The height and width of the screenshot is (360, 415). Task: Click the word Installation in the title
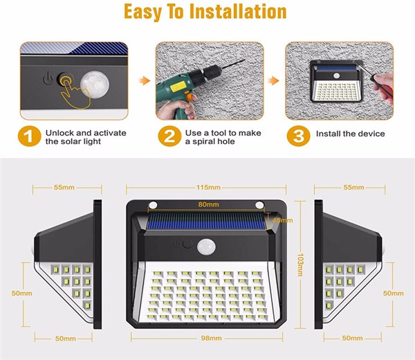[238, 12]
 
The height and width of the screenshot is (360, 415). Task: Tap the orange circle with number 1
[29, 136]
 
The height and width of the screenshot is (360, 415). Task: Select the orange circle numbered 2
[169, 136]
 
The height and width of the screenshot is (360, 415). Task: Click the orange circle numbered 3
[299, 136]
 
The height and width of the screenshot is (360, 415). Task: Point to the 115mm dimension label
[208, 188]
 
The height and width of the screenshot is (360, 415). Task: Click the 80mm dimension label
[209, 204]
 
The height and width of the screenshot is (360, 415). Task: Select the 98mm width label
[211, 339]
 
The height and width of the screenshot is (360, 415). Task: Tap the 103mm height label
[300, 265]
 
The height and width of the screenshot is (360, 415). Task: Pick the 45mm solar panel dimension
[282, 220]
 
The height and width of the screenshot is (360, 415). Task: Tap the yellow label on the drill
[178, 87]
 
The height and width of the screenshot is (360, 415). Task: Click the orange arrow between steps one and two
[145, 80]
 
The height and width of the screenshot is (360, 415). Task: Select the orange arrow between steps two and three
[274, 80]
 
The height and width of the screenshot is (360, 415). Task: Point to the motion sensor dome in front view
[206, 247]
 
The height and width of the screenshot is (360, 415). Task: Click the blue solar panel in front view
[206, 221]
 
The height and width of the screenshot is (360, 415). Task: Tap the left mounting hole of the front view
[153, 205]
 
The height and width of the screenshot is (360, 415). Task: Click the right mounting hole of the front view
[259, 205]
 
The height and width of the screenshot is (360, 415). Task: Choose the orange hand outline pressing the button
[75, 95]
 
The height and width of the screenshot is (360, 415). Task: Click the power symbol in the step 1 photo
[48, 78]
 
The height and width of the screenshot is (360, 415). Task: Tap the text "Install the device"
[351, 134]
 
